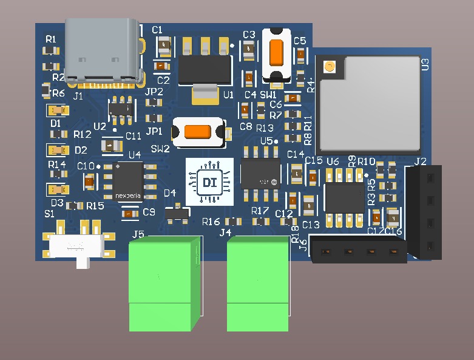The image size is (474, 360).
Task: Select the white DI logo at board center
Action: click(209, 181)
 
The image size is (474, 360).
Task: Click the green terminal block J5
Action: click(164, 284)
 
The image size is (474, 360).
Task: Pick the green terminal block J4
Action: click(257, 284)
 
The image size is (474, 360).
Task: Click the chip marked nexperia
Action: click(128, 180)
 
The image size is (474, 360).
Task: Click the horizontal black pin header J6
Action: click(359, 250)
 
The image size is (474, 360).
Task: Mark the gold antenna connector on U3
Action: click(330, 67)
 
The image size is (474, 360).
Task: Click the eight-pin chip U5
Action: click(260, 174)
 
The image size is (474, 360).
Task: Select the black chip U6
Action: click(344, 197)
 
